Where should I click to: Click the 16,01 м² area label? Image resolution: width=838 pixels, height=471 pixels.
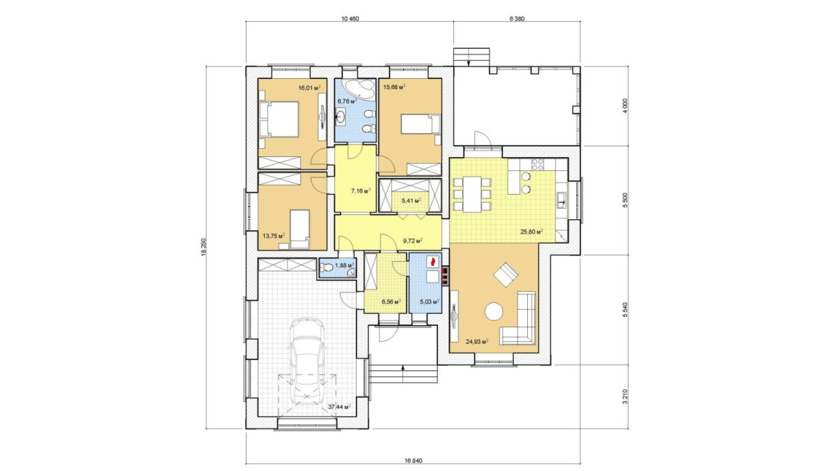pyautogui.click(x=310, y=88)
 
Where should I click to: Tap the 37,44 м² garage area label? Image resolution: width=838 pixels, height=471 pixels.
pyautogui.click(x=339, y=407)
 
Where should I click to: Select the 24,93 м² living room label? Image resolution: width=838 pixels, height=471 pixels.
pyautogui.click(x=477, y=341)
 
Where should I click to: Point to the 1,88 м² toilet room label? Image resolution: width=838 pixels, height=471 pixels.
pyautogui.click(x=344, y=265)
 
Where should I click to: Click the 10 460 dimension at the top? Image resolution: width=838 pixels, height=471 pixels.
pyautogui.click(x=350, y=19)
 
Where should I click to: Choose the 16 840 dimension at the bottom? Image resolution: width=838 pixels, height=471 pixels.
pyautogui.click(x=413, y=461)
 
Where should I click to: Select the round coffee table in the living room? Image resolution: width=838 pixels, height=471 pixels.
pyautogui.click(x=494, y=311)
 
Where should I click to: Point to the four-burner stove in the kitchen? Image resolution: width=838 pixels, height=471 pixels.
pyautogui.click(x=538, y=165)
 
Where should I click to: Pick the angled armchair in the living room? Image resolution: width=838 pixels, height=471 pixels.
pyautogui.click(x=506, y=274)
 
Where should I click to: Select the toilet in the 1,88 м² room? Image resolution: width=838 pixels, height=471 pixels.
pyautogui.click(x=326, y=268)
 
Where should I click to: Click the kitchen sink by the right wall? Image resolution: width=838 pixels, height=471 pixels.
pyautogui.click(x=561, y=200)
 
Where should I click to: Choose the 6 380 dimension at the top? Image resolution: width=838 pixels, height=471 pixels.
pyautogui.click(x=517, y=19)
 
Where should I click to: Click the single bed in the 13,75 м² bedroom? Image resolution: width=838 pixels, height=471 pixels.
pyautogui.click(x=300, y=229)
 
